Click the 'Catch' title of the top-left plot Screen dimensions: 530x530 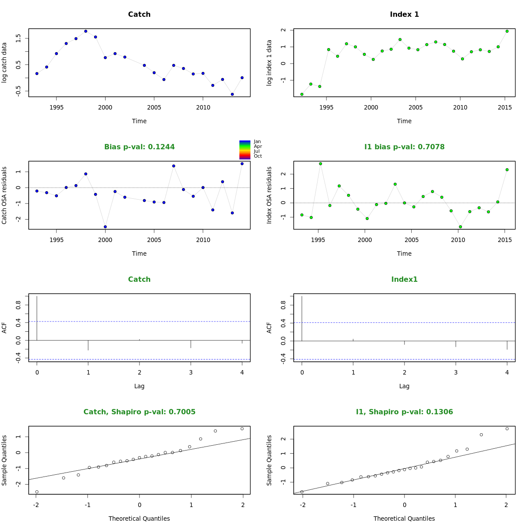click(139, 15)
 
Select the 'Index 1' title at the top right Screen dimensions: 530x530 click(404, 15)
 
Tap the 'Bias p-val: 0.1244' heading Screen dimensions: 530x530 click(139, 147)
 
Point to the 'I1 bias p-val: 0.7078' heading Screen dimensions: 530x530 click(404, 147)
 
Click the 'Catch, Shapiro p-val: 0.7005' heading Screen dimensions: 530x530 click(139, 412)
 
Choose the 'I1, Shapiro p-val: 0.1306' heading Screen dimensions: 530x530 click(404, 412)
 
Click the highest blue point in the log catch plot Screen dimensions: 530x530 click(86, 31)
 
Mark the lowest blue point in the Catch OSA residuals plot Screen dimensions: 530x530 click(105, 227)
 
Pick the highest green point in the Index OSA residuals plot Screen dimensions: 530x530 click(321, 164)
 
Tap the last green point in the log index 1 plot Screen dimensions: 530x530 click(507, 31)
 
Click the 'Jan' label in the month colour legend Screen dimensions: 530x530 click(257, 142)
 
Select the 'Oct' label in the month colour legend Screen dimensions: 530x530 click(257, 156)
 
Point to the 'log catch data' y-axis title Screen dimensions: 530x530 click(4, 63)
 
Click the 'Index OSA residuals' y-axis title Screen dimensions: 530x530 click(269, 195)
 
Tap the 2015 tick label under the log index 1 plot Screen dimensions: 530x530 click(505, 107)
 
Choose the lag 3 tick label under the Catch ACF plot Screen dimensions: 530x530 click(191, 372)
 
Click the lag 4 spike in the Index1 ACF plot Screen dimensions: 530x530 click(507, 345)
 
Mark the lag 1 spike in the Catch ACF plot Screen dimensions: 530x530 click(88, 345)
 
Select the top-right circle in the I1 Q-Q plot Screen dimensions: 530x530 click(507, 429)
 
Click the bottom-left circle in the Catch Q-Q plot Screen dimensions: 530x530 click(37, 492)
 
